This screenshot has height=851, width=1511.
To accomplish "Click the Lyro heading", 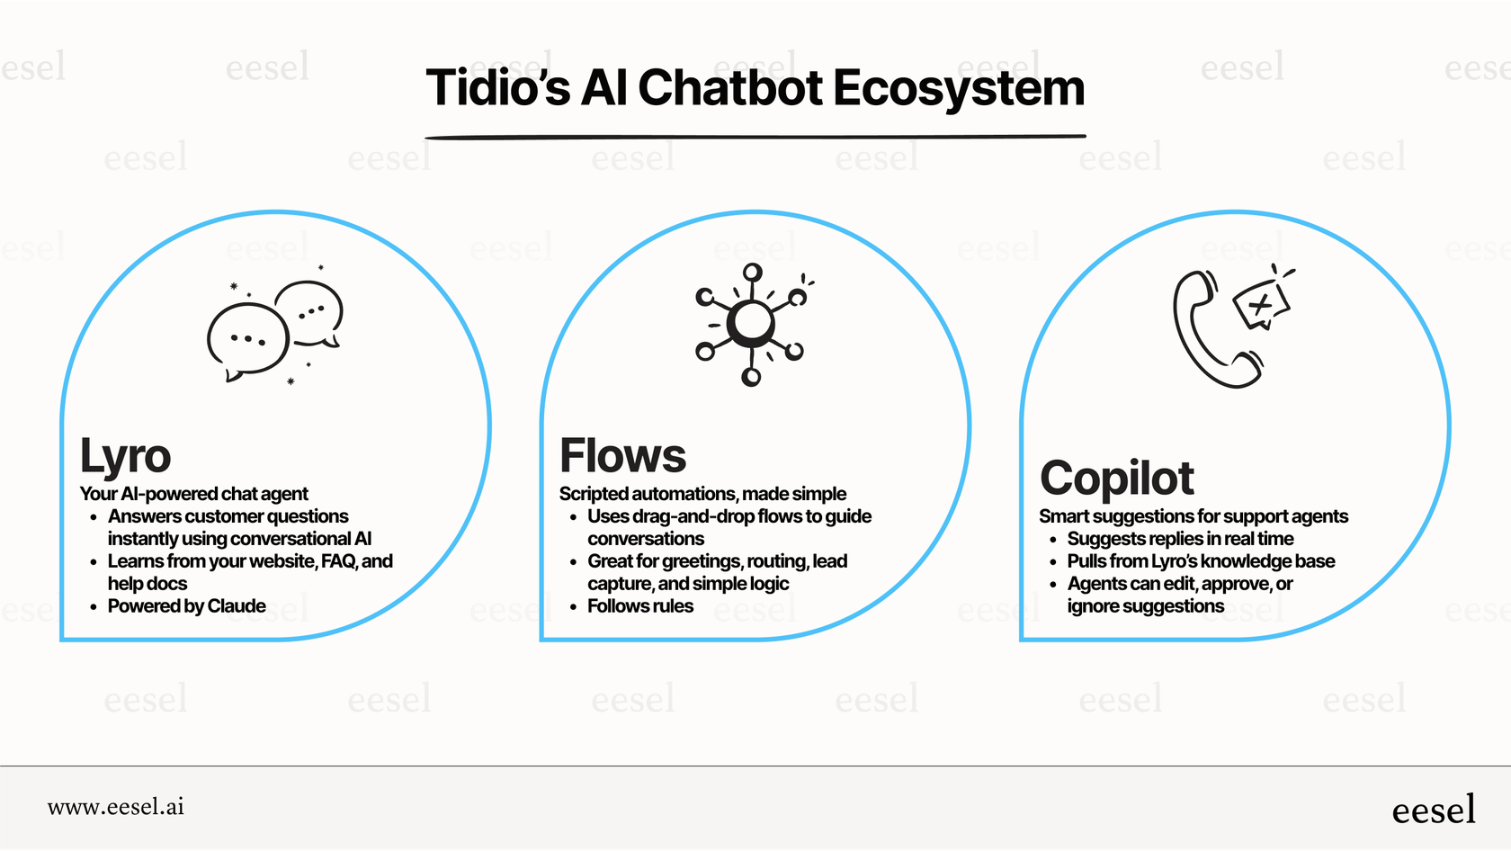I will pyautogui.click(x=125, y=456).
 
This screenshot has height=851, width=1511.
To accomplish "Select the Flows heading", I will pyautogui.click(x=622, y=456).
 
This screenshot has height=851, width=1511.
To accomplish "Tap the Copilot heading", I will pyautogui.click(x=1116, y=479).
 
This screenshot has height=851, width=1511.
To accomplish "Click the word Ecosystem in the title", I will pyautogui.click(x=959, y=88).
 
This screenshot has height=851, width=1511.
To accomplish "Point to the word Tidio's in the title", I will pyautogui.click(x=497, y=88).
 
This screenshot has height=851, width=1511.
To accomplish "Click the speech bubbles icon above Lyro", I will pyautogui.click(x=274, y=328).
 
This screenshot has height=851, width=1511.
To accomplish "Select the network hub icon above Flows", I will pyautogui.click(x=751, y=325).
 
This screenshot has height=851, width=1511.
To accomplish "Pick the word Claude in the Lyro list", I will pyautogui.click(x=237, y=606).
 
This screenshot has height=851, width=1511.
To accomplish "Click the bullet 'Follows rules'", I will pyautogui.click(x=639, y=606).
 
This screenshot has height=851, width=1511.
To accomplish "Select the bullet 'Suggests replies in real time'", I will pyautogui.click(x=1180, y=539).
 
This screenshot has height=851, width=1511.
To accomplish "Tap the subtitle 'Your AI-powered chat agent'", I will pyautogui.click(x=193, y=494).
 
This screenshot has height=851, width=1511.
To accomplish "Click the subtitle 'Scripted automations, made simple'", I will pyautogui.click(x=702, y=494).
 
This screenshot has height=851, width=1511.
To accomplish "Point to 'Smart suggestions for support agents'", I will pyautogui.click(x=1194, y=516).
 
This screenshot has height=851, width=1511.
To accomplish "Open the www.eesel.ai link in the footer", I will pyautogui.click(x=116, y=807).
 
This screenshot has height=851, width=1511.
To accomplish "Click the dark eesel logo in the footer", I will pyautogui.click(x=1433, y=810).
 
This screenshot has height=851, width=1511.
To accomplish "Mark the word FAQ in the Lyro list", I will pyautogui.click(x=338, y=561).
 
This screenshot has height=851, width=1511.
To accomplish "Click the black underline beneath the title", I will pyautogui.click(x=755, y=137).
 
